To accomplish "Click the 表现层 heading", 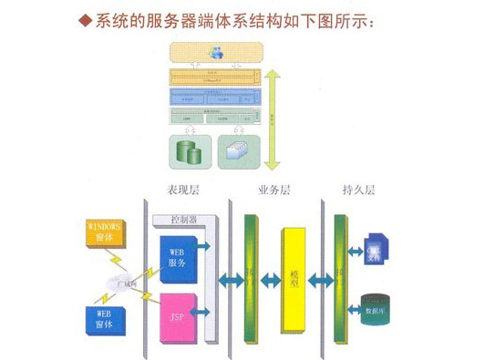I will (x=182, y=191).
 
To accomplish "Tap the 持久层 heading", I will (x=358, y=191).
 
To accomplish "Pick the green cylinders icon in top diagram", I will (x=190, y=149).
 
